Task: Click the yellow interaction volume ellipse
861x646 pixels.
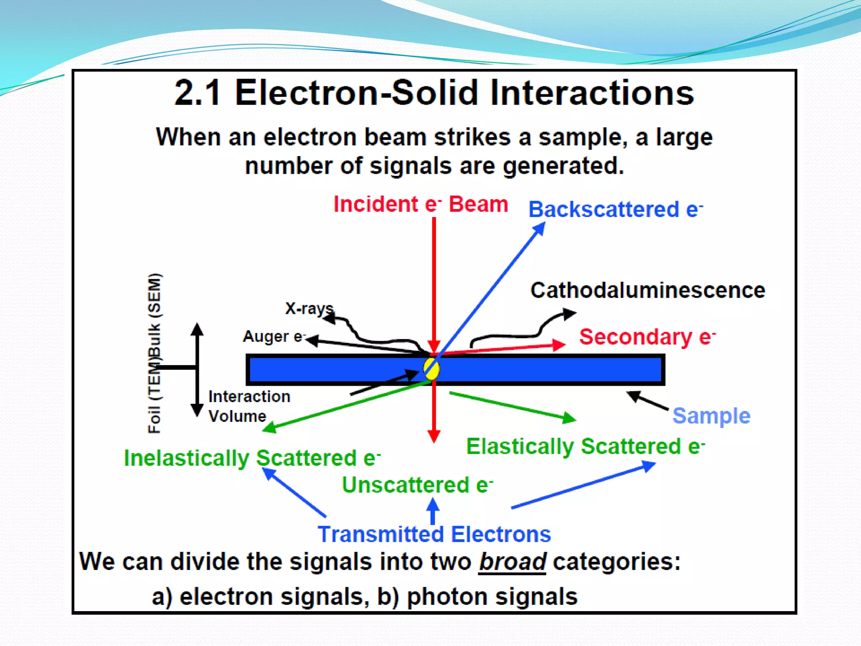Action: [x=431, y=369]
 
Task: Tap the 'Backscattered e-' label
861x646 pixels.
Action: [x=615, y=209]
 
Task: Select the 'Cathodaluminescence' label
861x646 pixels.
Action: [x=647, y=290]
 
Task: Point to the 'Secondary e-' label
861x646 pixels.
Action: [x=647, y=337]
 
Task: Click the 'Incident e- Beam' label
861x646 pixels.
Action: [x=420, y=204]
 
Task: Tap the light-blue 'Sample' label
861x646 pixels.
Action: [x=711, y=416]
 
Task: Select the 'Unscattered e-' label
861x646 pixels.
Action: [x=417, y=485]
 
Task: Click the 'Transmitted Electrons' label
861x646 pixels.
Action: [x=434, y=534]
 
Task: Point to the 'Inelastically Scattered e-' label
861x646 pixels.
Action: [x=252, y=458]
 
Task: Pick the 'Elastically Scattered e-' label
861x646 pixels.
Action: [x=585, y=446]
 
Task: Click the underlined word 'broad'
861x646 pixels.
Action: [x=512, y=561]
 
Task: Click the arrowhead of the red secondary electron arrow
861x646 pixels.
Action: [x=560, y=345]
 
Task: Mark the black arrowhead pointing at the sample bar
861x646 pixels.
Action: [x=633, y=395]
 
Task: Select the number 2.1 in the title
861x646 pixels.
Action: [x=197, y=93]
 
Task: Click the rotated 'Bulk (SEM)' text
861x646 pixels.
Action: [x=154, y=315]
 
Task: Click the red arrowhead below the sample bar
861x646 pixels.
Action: [x=434, y=436]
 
